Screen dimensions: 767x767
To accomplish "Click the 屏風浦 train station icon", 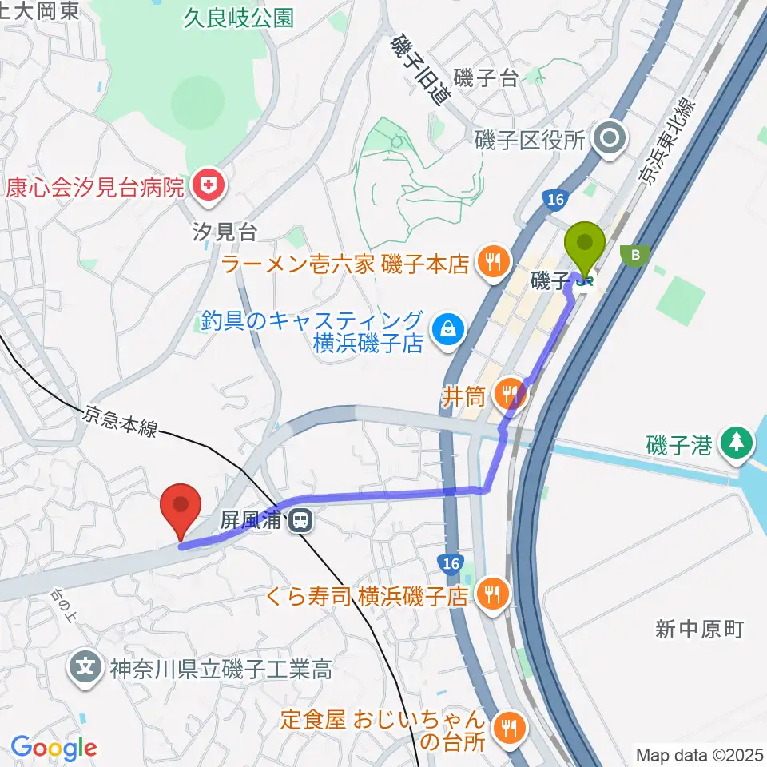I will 300,521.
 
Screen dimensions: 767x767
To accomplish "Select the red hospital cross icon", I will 209,187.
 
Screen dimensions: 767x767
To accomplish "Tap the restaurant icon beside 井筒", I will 508,392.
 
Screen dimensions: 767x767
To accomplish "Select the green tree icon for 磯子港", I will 736,442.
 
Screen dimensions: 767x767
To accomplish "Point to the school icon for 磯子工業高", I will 85,666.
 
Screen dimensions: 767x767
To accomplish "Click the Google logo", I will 54,748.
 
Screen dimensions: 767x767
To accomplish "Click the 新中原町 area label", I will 699,630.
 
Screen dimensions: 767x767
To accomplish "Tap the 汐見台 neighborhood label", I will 225,232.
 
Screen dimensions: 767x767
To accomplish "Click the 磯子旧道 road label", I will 419,70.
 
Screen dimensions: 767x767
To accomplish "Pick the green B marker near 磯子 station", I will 636,255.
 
